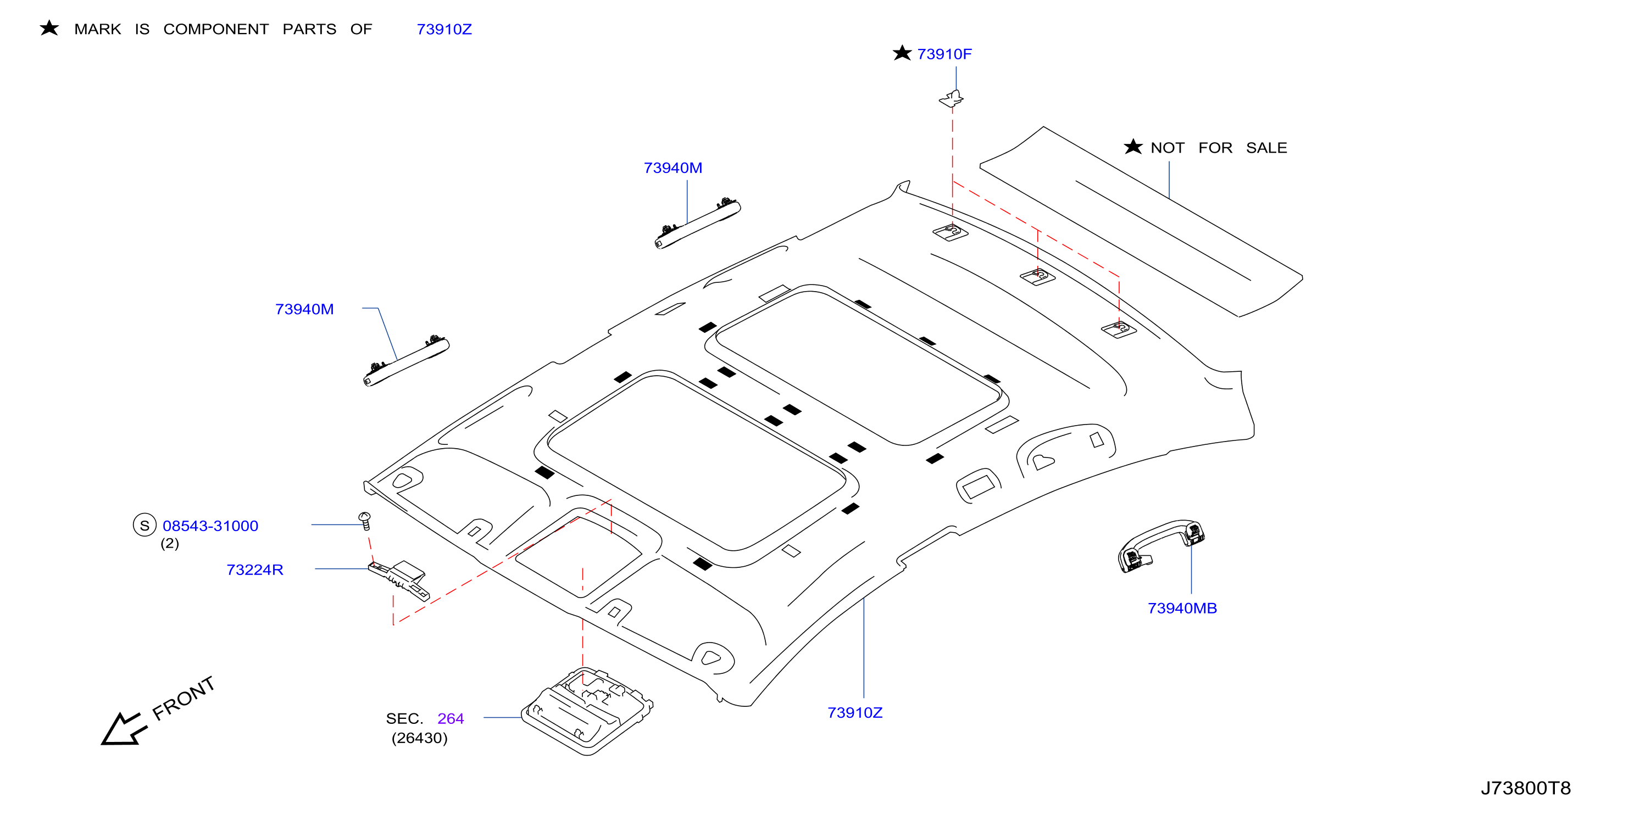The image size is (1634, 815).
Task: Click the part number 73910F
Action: tap(944, 54)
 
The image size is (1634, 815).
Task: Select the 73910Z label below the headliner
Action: tap(854, 712)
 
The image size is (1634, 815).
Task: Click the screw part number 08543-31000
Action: tap(210, 526)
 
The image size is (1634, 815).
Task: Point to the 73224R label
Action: tap(254, 570)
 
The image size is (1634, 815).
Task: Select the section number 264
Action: tap(451, 718)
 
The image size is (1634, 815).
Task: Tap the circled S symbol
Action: tap(144, 525)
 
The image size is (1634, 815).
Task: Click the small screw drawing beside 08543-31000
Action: tap(365, 521)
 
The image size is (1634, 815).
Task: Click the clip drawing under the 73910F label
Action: tap(952, 98)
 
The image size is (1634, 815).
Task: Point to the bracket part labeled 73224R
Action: tap(399, 579)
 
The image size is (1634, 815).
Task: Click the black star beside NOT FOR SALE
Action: tap(1133, 147)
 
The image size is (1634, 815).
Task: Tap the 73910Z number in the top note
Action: tap(444, 29)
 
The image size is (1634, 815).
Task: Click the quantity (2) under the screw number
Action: tap(169, 544)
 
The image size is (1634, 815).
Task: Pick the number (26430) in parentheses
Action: tap(419, 738)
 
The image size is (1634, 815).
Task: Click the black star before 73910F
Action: tap(902, 53)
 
